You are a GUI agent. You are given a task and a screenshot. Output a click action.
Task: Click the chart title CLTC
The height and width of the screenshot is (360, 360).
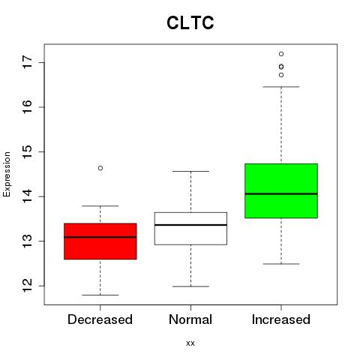coord(190,22)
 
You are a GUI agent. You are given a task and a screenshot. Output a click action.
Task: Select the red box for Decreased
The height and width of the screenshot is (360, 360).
coord(100,241)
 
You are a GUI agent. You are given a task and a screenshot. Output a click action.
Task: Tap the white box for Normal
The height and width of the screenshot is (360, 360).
coord(190,229)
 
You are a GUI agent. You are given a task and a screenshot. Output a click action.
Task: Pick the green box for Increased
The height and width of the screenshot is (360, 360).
coord(281,191)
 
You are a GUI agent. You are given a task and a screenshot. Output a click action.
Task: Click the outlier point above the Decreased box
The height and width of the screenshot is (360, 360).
coord(100,168)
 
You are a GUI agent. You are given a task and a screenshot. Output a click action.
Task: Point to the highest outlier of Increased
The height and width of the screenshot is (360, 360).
coord(281,54)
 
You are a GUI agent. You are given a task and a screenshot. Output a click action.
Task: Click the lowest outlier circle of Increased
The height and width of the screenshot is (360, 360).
coord(281,75)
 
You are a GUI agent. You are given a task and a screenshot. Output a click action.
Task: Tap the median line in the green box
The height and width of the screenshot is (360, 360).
coord(281,193)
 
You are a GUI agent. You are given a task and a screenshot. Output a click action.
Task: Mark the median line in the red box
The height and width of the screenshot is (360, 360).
coord(100,237)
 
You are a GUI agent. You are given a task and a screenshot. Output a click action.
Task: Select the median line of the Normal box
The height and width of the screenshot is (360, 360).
coord(190,225)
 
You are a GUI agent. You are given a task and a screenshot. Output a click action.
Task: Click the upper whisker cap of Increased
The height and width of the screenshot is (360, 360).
coord(281,87)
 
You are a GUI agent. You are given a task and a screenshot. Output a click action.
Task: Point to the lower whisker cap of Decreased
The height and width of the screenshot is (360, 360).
coord(100,295)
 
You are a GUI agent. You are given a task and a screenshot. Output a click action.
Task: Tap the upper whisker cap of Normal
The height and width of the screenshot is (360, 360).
coord(190,171)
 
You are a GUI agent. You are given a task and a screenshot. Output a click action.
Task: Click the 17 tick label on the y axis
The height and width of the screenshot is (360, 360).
coord(28,62)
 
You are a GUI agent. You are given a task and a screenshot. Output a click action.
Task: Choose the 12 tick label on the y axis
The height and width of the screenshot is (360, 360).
coord(28,286)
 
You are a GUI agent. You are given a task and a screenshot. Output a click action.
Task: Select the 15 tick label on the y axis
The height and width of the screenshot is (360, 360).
coord(28,151)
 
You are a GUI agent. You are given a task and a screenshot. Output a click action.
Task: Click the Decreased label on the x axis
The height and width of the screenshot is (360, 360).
coord(100,319)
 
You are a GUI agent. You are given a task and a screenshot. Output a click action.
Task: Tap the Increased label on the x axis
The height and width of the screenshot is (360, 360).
coord(281,319)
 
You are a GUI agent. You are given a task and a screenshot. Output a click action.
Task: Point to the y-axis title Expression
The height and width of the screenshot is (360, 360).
coord(7,174)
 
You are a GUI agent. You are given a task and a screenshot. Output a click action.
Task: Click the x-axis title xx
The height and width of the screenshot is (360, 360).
coord(190,343)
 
